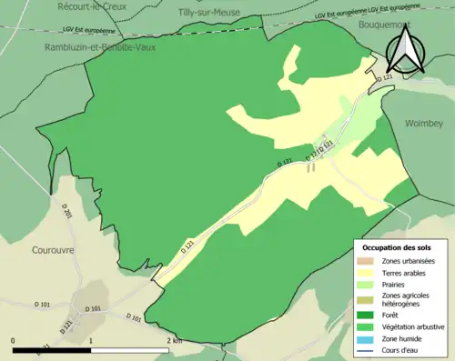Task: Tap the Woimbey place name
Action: pyautogui.click(x=422, y=122)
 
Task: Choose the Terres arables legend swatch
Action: pyautogui.click(x=369, y=272)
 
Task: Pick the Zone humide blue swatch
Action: pyautogui.click(x=369, y=338)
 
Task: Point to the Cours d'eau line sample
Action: pyautogui.click(x=369, y=349)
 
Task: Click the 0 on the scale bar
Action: pyautogui.click(x=14, y=341)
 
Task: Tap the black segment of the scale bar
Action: pyautogui.click(x=52, y=351)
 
